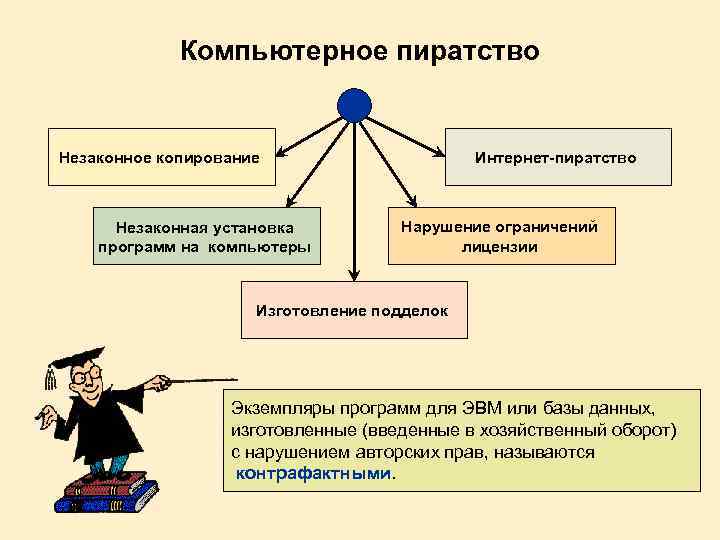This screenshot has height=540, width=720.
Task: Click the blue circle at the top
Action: (354, 104)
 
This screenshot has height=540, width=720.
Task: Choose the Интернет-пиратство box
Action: (557, 157)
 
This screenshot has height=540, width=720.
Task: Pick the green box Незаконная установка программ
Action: (207, 236)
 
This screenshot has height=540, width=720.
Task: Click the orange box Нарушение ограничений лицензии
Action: (501, 236)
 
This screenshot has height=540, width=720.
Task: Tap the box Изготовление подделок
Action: (355, 311)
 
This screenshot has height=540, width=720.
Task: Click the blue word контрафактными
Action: (315, 473)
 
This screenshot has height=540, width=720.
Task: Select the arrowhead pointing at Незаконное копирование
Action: (282, 154)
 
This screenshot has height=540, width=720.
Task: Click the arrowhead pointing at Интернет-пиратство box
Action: (439, 153)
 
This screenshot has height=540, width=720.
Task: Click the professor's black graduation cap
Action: (75, 357)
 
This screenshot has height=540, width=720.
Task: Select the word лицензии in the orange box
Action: (500, 246)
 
